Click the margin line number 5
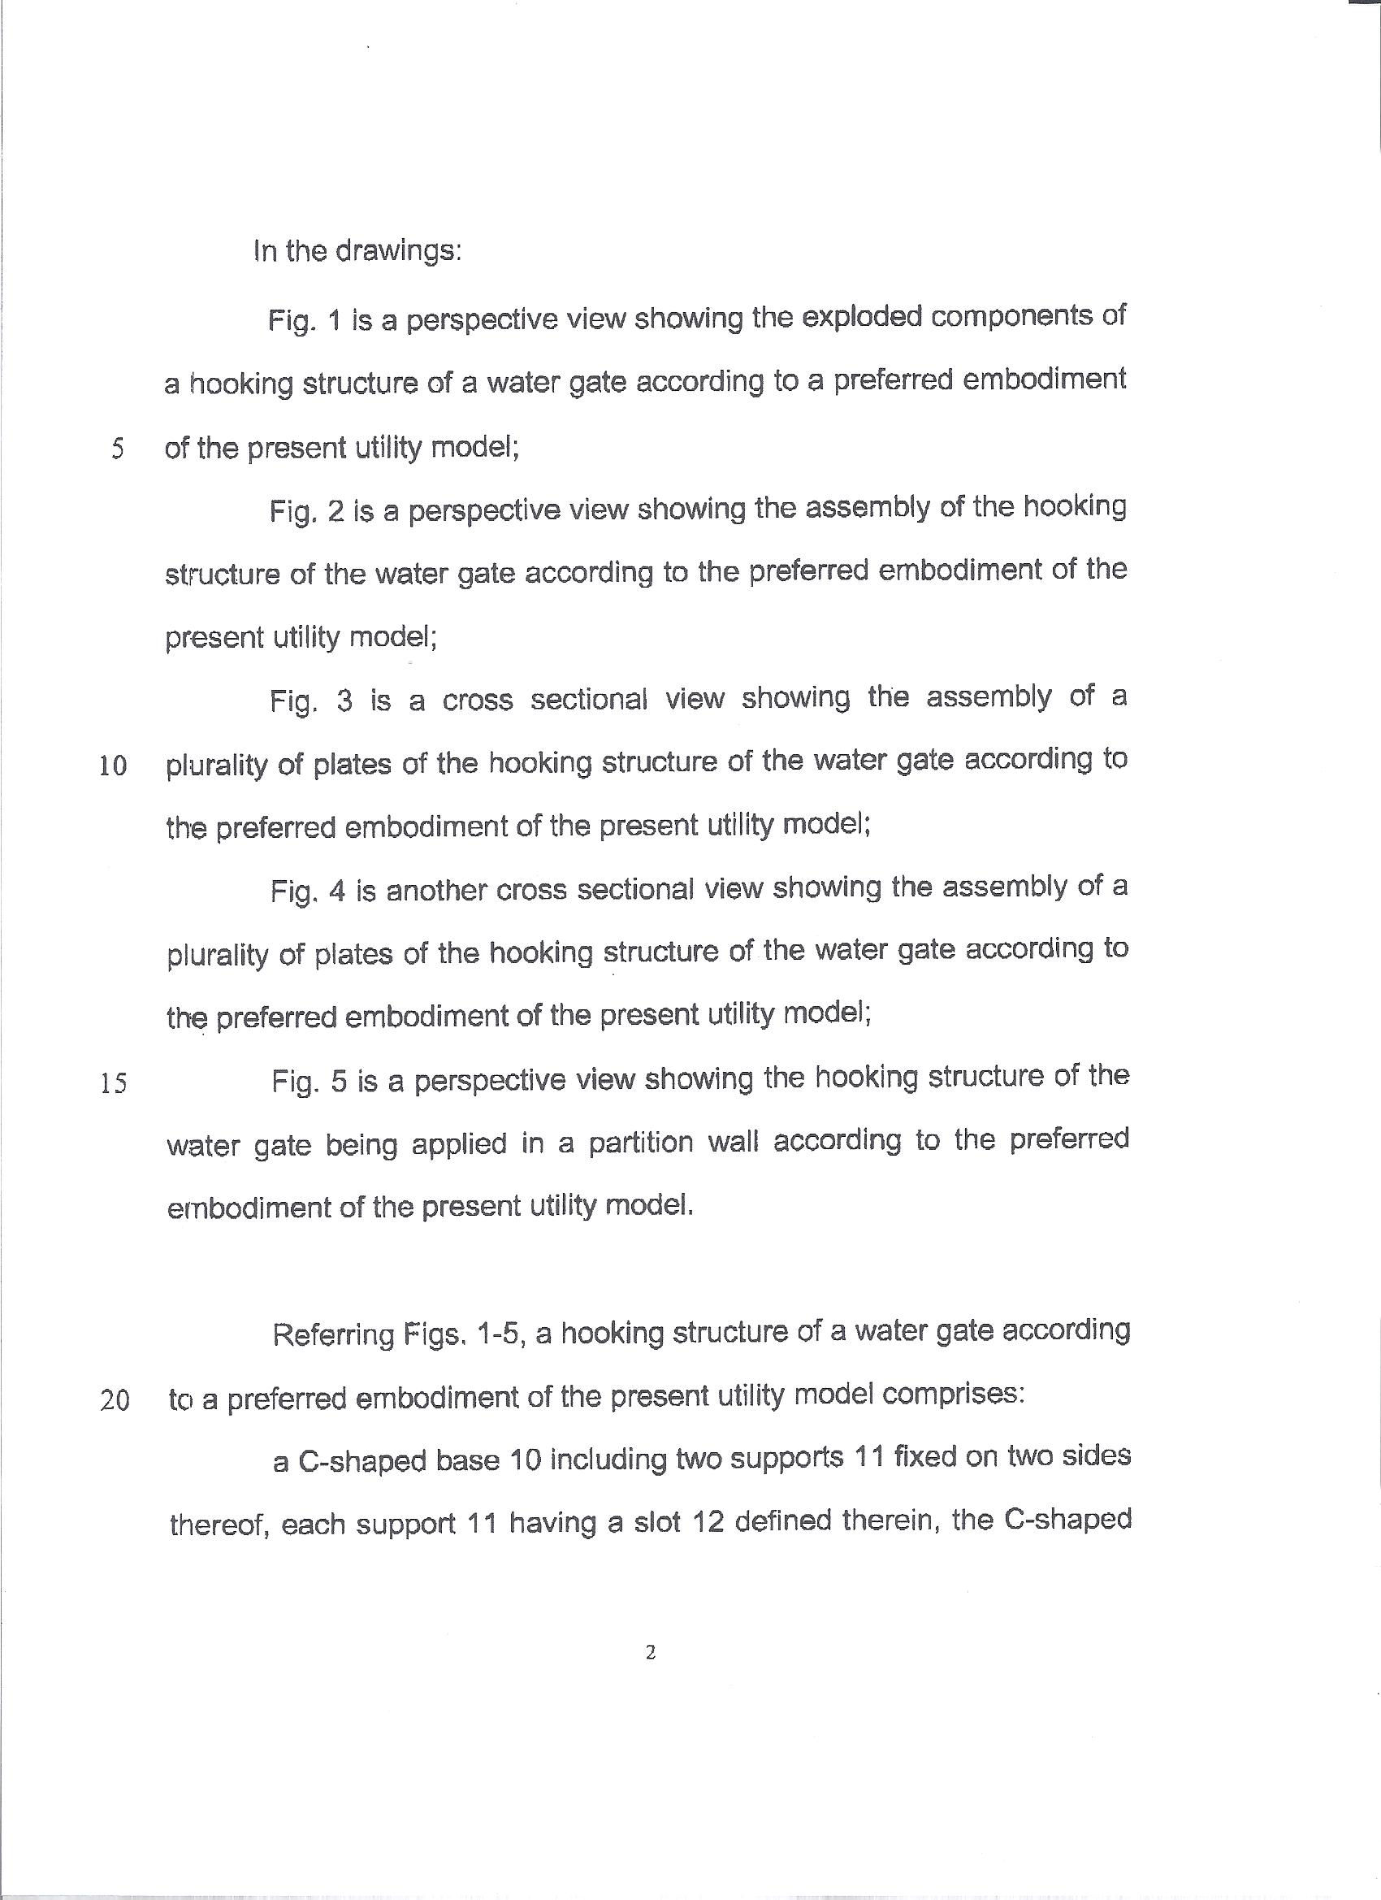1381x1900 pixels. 117,450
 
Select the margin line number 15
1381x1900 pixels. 113,1084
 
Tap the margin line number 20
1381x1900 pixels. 115,1401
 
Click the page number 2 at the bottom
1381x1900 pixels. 651,1653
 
